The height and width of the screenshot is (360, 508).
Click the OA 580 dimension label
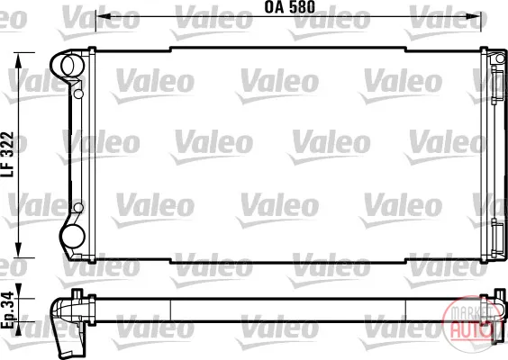click(x=290, y=7)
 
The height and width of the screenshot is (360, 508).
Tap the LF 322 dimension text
click(x=7, y=154)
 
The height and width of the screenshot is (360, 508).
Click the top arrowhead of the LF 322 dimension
click(x=19, y=61)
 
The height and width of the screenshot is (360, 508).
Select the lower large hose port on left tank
click(x=73, y=237)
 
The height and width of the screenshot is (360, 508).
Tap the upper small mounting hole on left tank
click(x=78, y=94)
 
